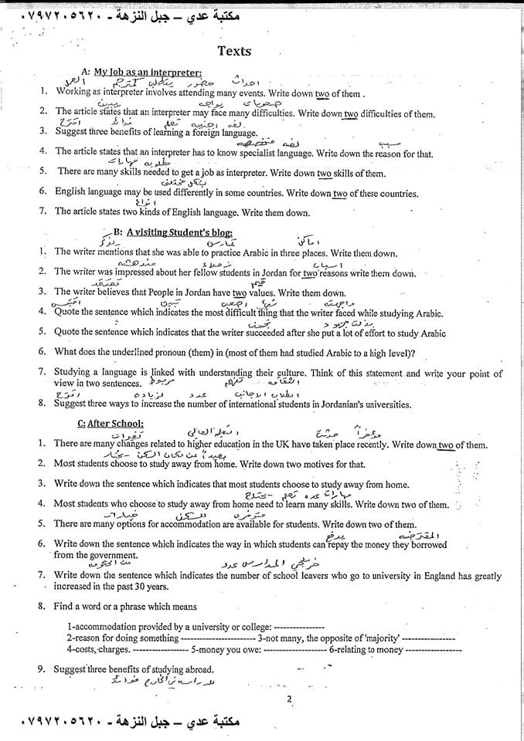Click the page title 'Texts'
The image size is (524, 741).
point(233,51)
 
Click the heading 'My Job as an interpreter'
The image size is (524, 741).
point(143,73)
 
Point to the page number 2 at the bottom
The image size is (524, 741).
point(288,700)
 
